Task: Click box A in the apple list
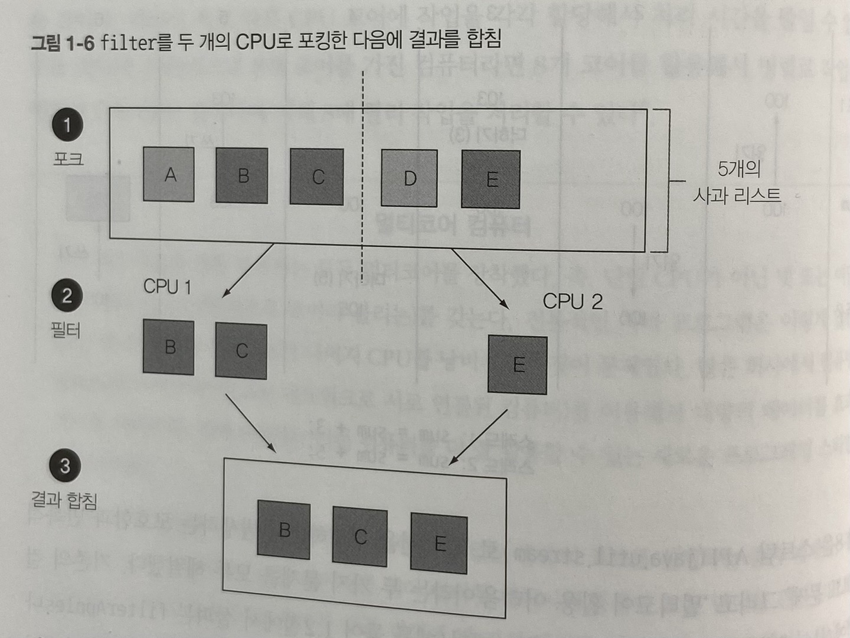tap(169, 174)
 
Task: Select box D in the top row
tap(409, 178)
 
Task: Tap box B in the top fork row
tap(242, 175)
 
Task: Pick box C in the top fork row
tap(317, 177)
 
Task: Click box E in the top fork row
tap(491, 179)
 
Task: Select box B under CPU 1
tap(169, 347)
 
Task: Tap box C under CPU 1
tap(241, 350)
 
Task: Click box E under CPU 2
tap(518, 365)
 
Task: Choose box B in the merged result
tap(284, 530)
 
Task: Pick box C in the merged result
tap(359, 536)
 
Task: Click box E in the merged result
tap(439, 543)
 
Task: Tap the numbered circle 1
tap(67, 125)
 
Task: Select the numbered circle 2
tap(67, 295)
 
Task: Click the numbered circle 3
tap(65, 466)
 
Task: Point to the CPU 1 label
tap(167, 287)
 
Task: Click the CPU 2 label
tap(573, 301)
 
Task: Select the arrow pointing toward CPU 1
tap(248, 271)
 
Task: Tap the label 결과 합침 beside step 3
tap(64, 500)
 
